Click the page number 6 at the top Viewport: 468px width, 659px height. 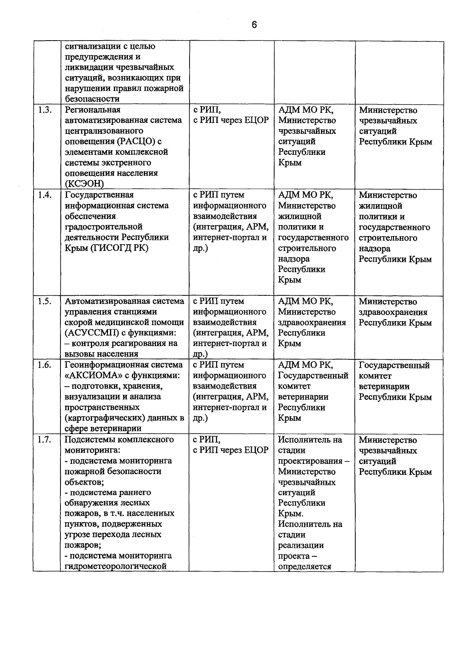[x=254, y=25]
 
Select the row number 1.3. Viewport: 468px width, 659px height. [x=45, y=110]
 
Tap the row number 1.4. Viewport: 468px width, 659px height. [x=45, y=195]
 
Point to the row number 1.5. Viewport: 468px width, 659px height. [x=45, y=301]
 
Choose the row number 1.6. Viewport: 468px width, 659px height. [x=45, y=365]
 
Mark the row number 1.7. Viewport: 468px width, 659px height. [x=45, y=440]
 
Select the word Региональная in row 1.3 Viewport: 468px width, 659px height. [x=92, y=110]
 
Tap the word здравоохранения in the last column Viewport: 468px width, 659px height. [x=393, y=312]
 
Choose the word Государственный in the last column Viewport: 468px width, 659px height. [x=394, y=365]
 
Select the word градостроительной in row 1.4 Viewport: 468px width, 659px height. [x=103, y=227]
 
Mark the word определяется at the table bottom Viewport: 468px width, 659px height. [x=304, y=567]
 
